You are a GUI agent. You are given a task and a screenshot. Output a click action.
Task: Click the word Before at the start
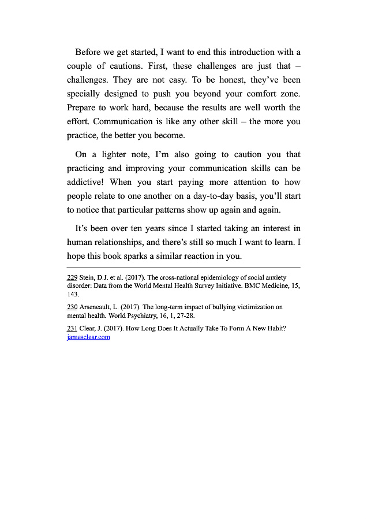[88, 51]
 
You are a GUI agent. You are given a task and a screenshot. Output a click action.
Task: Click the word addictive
[87, 182]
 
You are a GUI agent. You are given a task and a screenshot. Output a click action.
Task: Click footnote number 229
[72, 277]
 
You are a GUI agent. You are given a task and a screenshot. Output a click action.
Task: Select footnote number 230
[72, 307]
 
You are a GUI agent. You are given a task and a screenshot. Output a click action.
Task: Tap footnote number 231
[72, 329]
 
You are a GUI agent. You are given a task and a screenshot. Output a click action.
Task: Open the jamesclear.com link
[88, 337]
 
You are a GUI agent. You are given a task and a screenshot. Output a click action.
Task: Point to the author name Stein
[89, 277]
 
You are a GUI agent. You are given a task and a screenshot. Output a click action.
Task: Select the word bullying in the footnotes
[220, 307]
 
